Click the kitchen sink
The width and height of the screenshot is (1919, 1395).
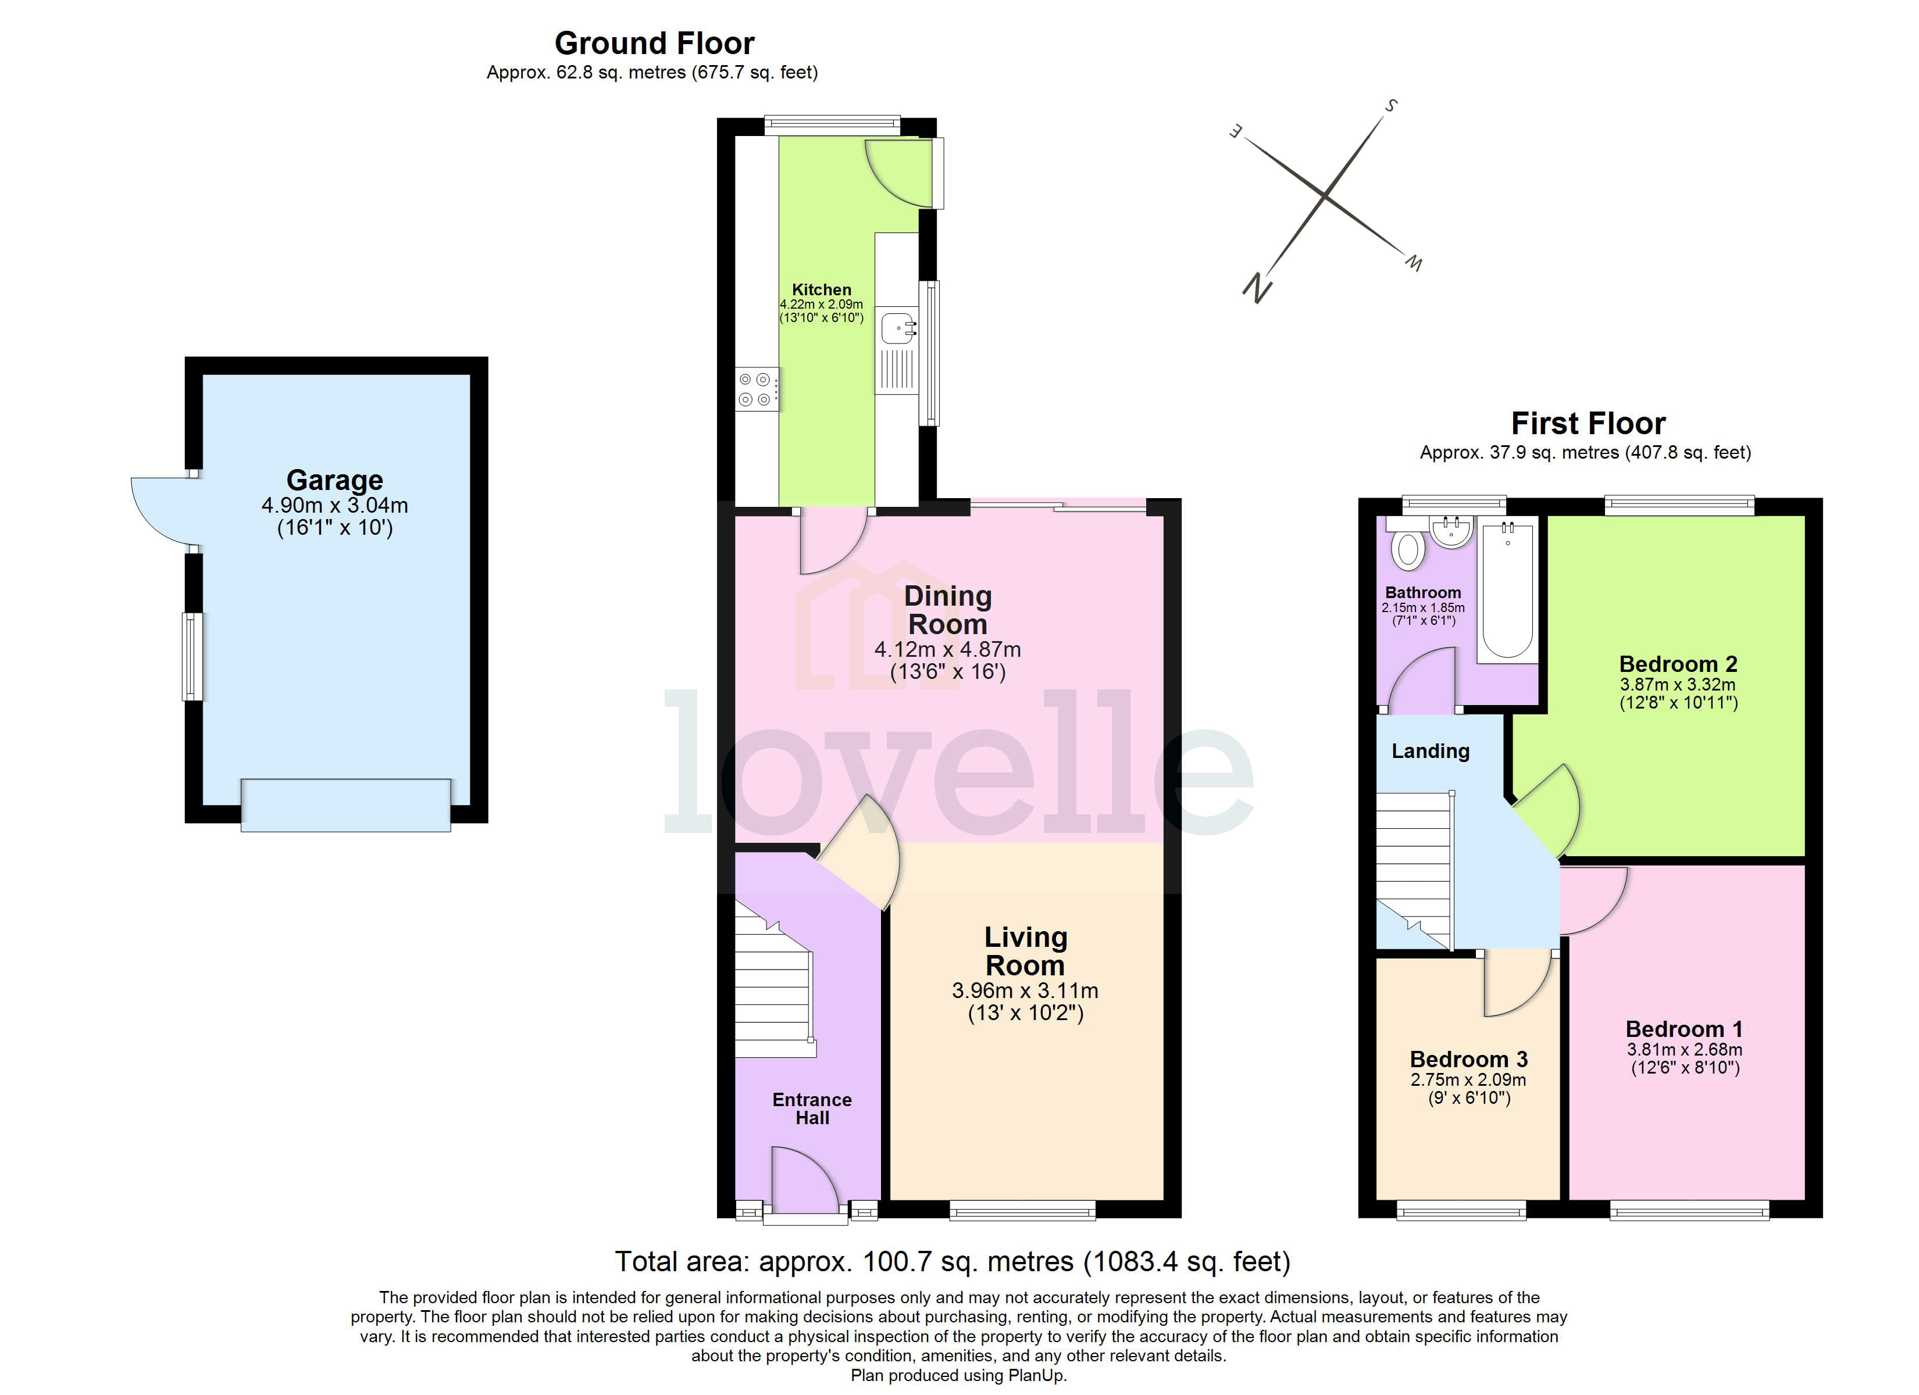[897, 327]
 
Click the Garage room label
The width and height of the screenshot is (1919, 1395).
[334, 480]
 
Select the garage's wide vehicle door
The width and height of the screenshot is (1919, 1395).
[345, 804]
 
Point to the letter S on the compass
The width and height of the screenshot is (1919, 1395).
[1390, 106]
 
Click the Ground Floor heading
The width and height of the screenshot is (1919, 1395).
[654, 43]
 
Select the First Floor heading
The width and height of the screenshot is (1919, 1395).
[1588, 423]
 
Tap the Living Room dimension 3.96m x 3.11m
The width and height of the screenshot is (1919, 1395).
[1025, 990]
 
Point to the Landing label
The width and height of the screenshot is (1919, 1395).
[1430, 751]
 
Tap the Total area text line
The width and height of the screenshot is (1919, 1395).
[952, 1262]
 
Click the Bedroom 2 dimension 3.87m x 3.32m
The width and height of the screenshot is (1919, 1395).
[1677, 684]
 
